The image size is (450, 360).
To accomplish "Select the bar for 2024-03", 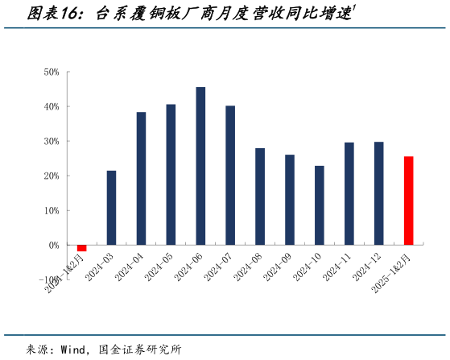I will pos(111,208).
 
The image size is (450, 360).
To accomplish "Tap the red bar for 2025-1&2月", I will pos(408,201).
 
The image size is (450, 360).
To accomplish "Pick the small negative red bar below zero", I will pos(81,248).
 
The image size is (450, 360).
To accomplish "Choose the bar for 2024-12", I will pos(378,193).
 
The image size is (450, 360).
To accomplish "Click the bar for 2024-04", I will pos(141,178).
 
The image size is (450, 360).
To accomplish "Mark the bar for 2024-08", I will pos(260,197).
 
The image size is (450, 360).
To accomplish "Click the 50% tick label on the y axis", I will pos(52,72).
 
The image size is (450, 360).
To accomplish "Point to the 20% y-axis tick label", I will pos(52,176).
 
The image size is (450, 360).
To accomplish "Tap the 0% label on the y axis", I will pos(54,245).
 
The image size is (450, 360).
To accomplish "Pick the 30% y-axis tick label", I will pos(52,142).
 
